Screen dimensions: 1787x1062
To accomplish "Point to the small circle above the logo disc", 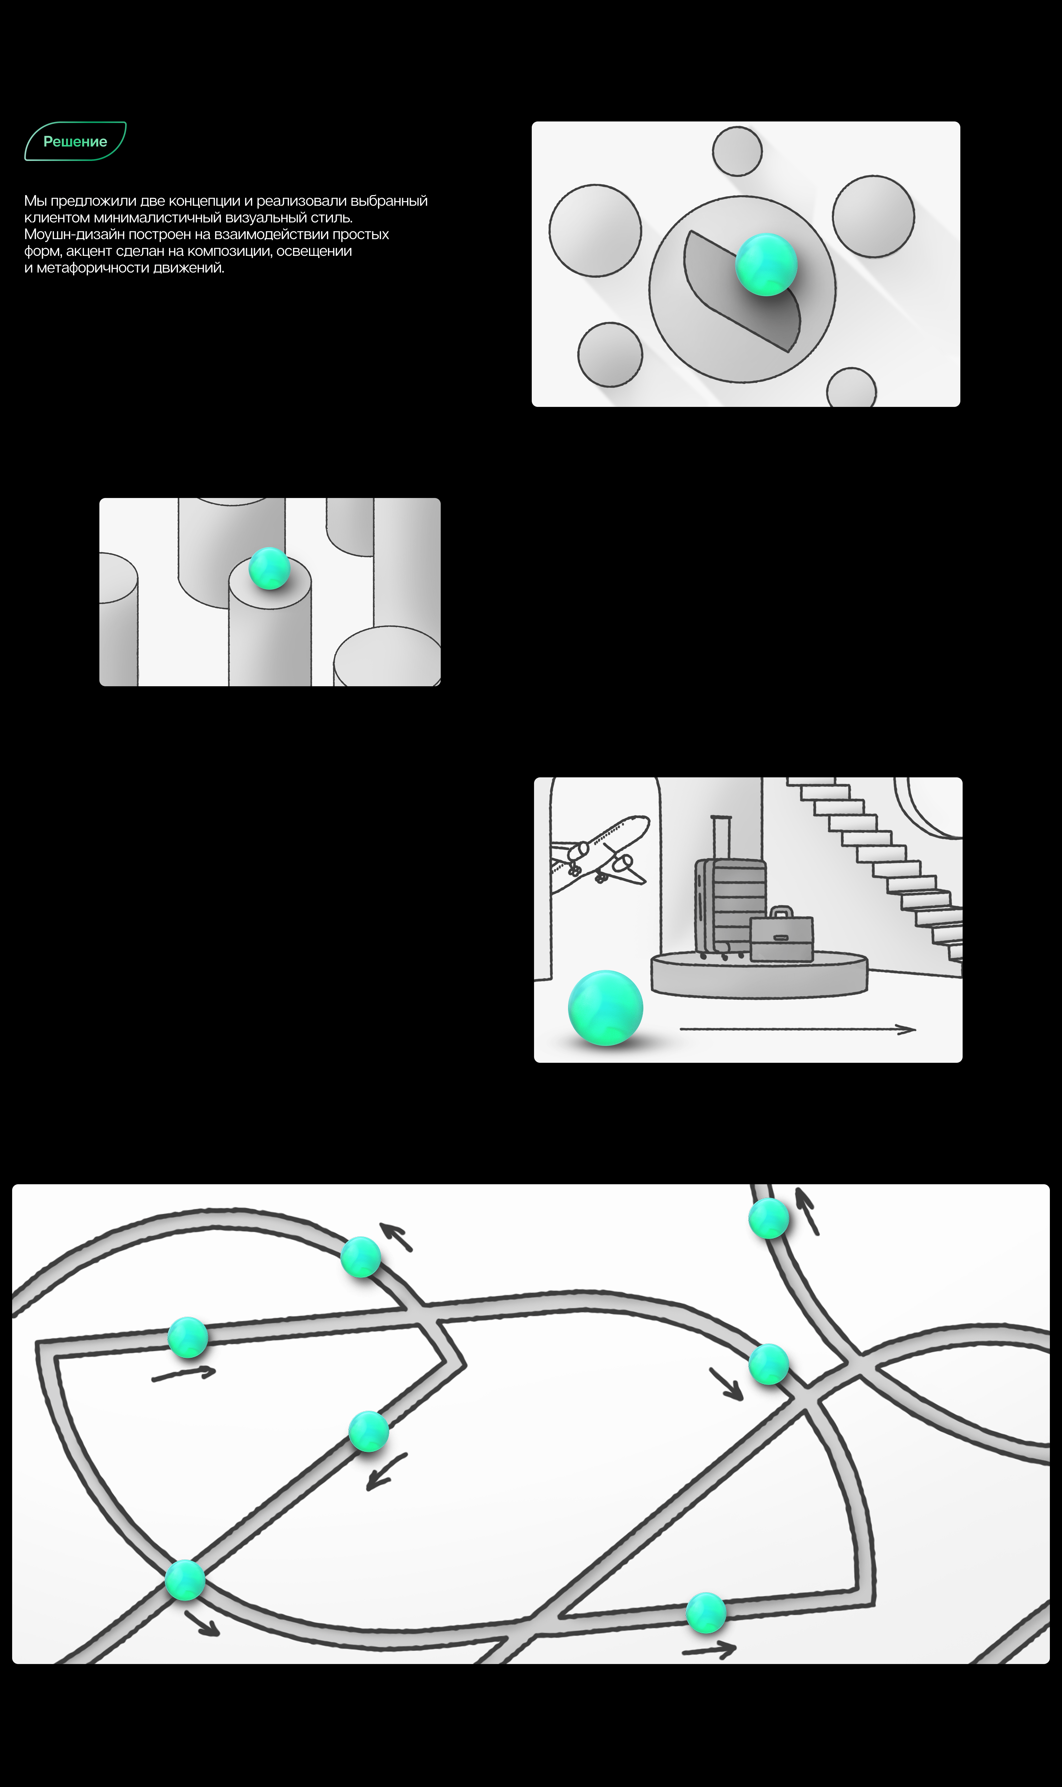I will (737, 151).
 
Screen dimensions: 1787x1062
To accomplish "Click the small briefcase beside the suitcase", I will (782, 938).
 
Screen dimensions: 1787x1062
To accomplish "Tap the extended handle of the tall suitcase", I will (721, 836).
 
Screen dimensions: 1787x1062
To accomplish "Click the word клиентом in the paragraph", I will (57, 218).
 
